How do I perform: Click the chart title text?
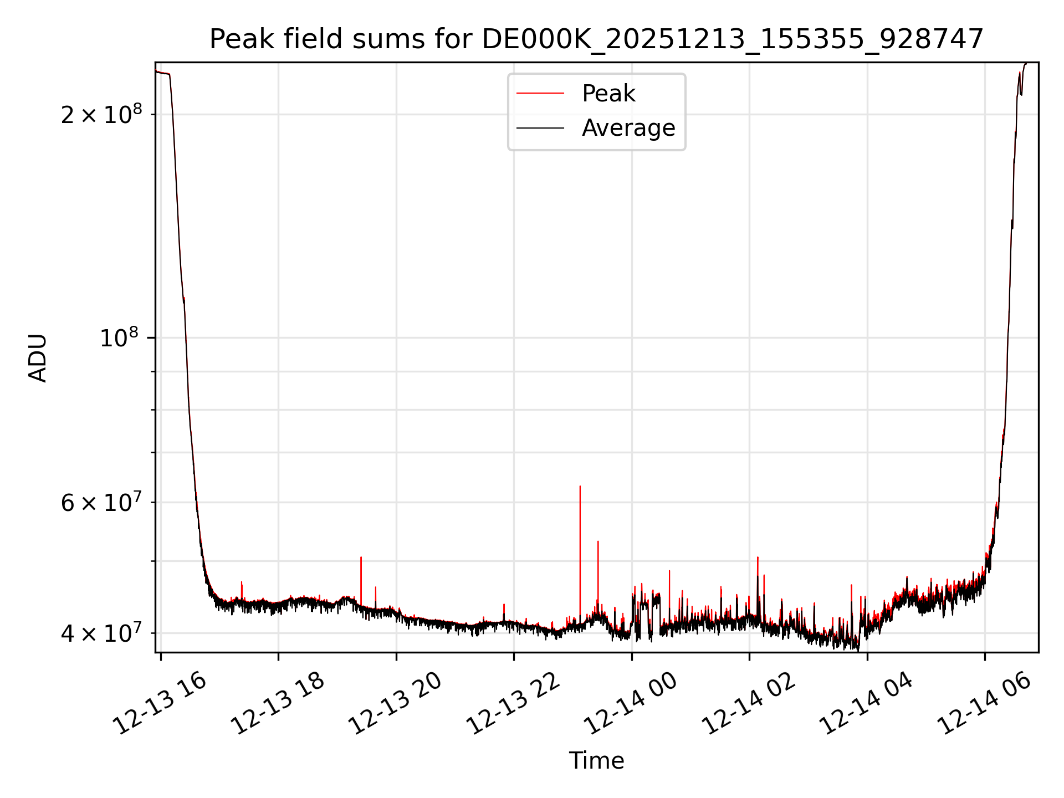point(596,39)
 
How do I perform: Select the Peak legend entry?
point(608,94)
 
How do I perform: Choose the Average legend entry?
point(628,128)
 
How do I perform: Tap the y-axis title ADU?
point(38,358)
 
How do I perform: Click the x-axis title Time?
point(596,761)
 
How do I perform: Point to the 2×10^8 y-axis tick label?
point(101,115)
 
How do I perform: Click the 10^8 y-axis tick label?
point(121,337)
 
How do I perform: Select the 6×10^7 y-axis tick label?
point(101,503)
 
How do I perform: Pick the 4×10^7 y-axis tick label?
point(101,633)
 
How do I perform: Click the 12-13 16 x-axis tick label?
point(160,704)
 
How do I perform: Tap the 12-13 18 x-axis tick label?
point(277,704)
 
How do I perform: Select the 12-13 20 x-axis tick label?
point(395,704)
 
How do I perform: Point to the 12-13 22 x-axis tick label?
point(513,704)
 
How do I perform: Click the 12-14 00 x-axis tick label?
point(631,704)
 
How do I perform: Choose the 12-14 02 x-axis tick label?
point(748,704)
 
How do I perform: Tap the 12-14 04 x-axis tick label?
point(866,704)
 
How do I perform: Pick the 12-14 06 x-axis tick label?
point(984,704)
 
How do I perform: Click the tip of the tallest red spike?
point(580,487)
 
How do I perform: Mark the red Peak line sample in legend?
point(540,94)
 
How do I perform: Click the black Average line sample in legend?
point(540,128)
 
